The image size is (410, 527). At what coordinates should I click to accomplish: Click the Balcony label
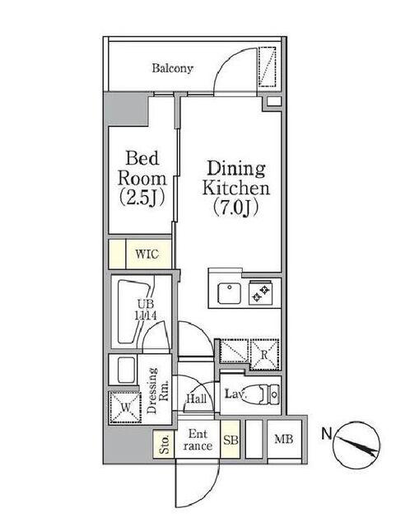coord(172,68)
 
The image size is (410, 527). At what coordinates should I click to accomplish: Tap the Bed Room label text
coord(142,169)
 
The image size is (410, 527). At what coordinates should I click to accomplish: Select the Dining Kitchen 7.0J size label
coord(236,208)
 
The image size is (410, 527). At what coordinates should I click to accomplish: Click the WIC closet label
coord(147,254)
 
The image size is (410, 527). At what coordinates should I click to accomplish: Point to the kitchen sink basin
coord(229,293)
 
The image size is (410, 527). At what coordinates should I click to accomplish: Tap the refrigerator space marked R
coord(264,355)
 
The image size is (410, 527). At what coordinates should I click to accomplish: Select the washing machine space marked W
coord(124,408)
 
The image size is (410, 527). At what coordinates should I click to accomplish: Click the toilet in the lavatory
coord(268,394)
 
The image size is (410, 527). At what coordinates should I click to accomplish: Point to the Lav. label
coord(235,394)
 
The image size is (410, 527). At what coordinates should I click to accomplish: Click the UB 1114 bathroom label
coord(145,310)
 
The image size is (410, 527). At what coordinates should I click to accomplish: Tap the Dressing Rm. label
coord(157,390)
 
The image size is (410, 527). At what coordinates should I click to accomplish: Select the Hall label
coord(196,399)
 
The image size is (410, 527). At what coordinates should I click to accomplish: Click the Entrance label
coord(198,440)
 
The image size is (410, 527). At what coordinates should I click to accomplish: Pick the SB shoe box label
coord(231,440)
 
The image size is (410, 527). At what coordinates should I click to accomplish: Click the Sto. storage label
coord(165,444)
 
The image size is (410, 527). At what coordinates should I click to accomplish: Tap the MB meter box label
coord(284,439)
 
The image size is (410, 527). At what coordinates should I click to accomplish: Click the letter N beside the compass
coord(327,434)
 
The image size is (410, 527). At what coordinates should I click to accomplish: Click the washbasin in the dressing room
coord(126,370)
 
